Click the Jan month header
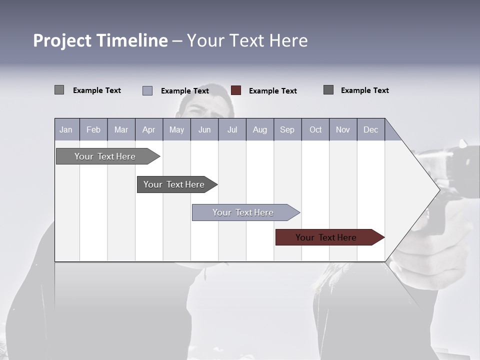click(66, 129)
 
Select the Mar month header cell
click(121, 129)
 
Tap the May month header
click(176, 129)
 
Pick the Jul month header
click(232, 129)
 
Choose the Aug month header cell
click(259, 129)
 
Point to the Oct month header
click(315, 129)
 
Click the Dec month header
click(370, 129)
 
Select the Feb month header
click(93, 129)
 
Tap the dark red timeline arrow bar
click(326, 237)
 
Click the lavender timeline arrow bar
click(243, 212)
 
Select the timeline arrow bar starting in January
click(105, 156)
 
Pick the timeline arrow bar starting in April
click(174, 184)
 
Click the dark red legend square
click(236, 90)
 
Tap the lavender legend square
click(147, 90)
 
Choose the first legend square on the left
click(59, 90)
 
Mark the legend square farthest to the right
click(328, 90)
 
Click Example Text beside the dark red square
click(272, 91)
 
